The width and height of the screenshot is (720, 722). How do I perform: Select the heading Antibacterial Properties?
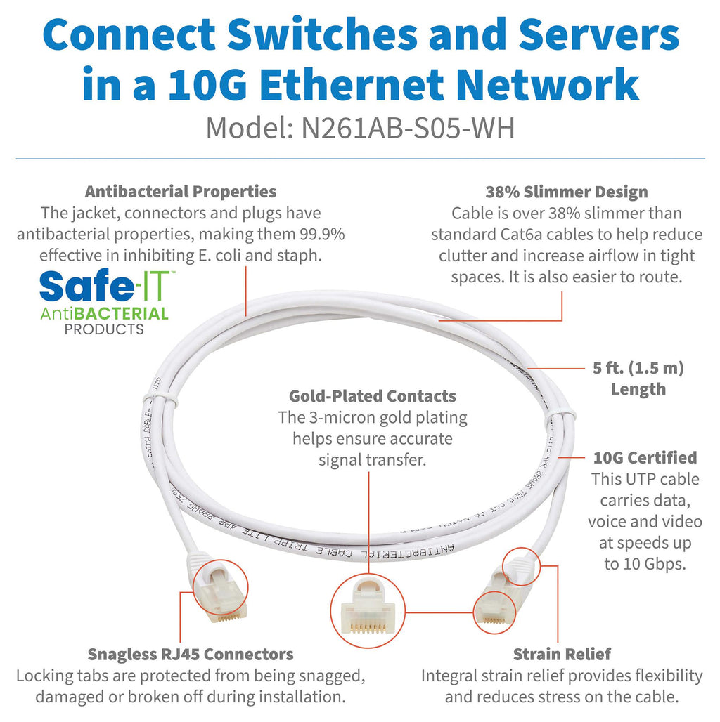181,191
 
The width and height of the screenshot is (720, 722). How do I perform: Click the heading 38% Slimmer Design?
566,192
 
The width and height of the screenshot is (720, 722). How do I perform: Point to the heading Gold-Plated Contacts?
372,396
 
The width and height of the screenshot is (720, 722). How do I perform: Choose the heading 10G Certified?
645,458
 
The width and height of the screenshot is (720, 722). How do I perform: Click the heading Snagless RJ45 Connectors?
190,655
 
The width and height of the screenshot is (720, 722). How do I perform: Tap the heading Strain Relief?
562,655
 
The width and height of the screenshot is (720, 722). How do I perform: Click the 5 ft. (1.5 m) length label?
638,367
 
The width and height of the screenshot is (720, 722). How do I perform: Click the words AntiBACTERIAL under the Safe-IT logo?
104,313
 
